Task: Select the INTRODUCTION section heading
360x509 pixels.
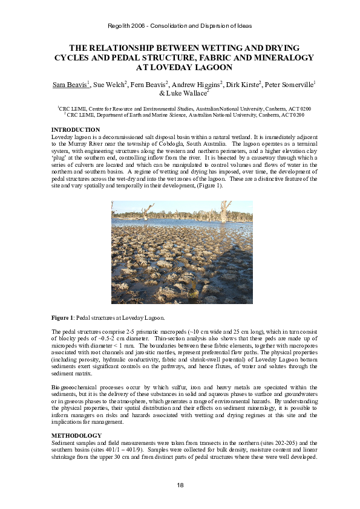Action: coord(76,130)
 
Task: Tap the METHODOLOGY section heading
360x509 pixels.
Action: coord(77,434)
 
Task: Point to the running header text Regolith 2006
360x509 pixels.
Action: coord(126,26)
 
